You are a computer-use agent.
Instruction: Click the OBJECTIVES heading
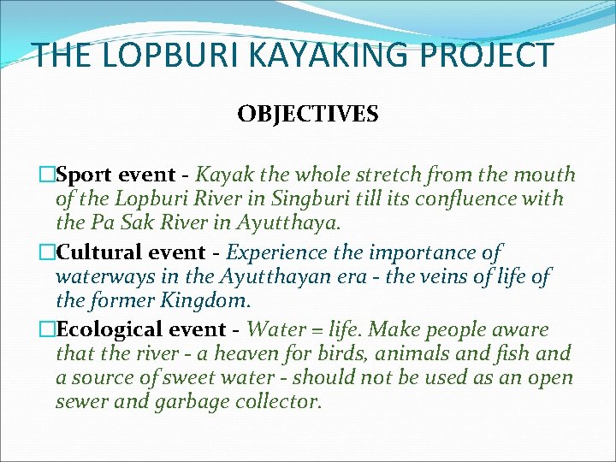pyautogui.click(x=308, y=114)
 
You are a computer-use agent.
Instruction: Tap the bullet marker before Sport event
pyautogui.click(x=48, y=175)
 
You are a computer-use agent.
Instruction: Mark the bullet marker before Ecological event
pyautogui.click(x=48, y=330)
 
